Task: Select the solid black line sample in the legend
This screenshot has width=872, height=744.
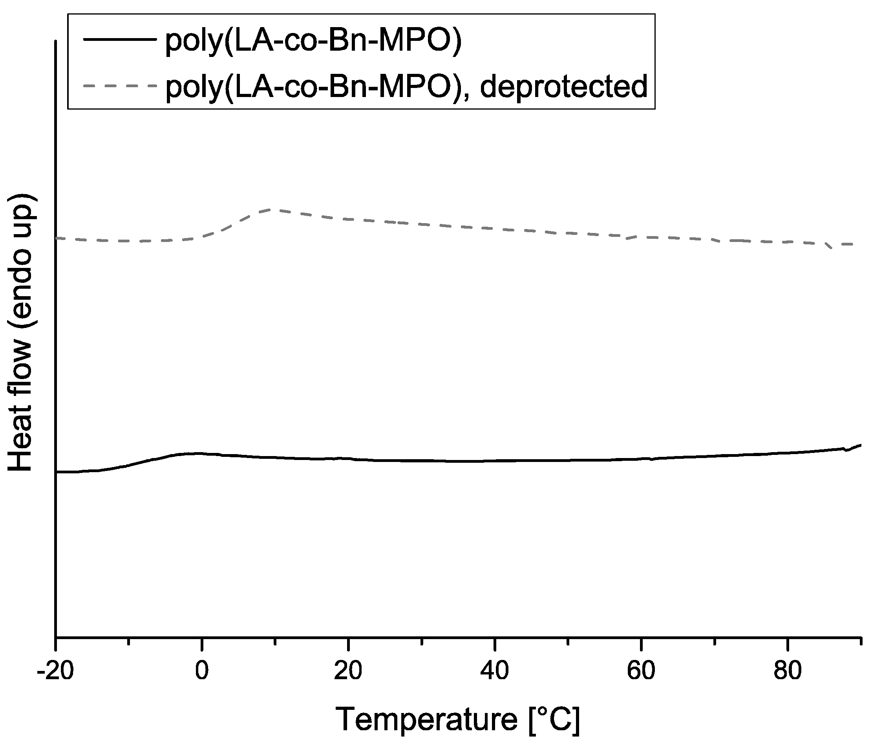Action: (120, 39)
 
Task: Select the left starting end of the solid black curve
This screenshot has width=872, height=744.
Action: (57, 472)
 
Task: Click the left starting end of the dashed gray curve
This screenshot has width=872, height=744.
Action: (57, 238)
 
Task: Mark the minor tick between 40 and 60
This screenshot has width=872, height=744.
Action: (568, 642)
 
